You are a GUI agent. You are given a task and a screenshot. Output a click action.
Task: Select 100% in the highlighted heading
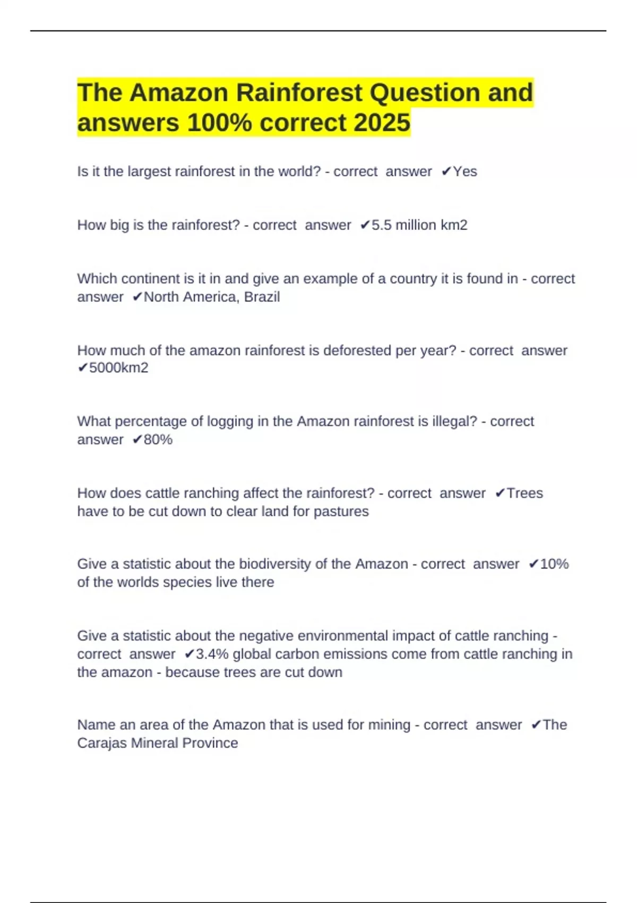(220, 123)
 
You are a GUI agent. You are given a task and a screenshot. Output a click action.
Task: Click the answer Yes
(465, 172)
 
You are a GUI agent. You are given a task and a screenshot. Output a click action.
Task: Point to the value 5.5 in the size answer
(381, 225)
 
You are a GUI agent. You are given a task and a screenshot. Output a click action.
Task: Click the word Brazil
(262, 297)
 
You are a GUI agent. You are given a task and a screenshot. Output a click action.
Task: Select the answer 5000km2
(118, 368)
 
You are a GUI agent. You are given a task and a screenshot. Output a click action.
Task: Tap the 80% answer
(158, 440)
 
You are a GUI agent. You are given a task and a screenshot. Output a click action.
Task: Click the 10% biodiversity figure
(554, 564)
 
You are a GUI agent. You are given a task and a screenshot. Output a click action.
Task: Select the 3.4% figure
(212, 654)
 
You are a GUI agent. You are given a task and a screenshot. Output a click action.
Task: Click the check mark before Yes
(446, 172)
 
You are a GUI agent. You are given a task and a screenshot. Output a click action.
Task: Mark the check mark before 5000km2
(82, 368)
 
